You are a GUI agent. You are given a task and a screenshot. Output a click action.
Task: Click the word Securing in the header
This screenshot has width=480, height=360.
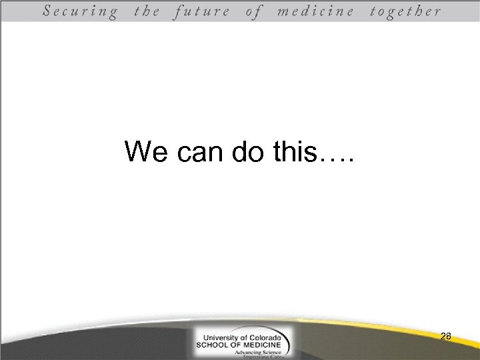point(81,11)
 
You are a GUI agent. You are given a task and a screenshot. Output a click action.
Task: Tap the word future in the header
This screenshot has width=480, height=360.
point(201,11)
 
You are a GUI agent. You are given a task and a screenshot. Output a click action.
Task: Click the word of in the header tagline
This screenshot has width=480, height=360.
point(254,11)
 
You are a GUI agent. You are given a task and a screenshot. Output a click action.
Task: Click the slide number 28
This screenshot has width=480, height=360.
point(446,337)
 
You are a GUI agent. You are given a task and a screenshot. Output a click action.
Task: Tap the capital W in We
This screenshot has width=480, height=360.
point(137,153)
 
